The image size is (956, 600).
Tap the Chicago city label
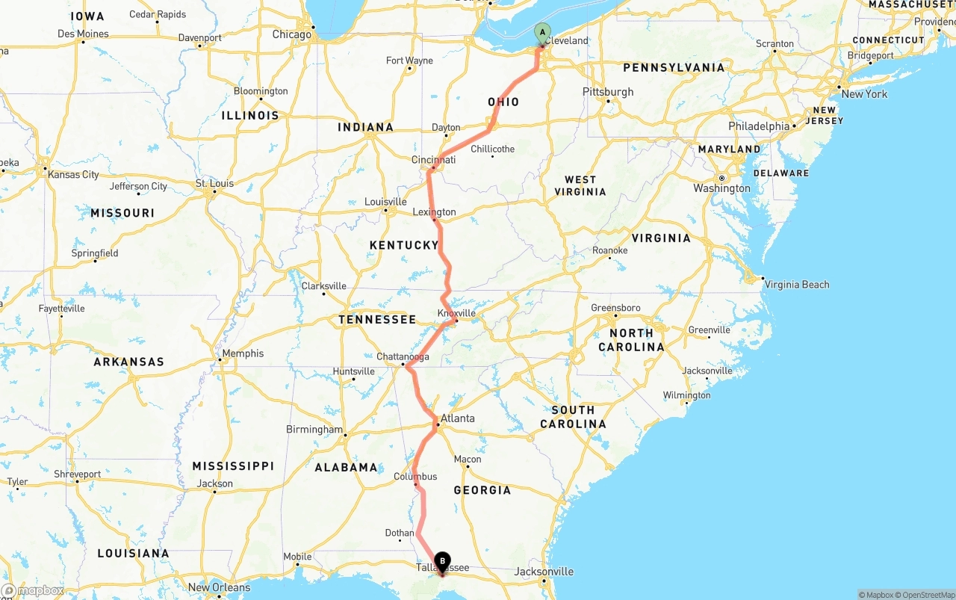coord(291,34)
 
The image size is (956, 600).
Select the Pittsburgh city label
coord(608,92)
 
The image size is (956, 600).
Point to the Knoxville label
coord(456,313)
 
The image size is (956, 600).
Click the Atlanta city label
coord(457,418)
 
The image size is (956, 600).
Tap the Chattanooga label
coord(403,357)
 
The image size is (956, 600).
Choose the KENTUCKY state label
coord(404,245)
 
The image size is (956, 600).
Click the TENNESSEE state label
coord(377,319)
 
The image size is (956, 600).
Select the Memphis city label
coord(243,353)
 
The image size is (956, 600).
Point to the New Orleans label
coord(220,587)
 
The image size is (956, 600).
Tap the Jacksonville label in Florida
coord(544,572)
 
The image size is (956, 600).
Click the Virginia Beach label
coord(797,284)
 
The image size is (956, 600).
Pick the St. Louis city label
coord(214,183)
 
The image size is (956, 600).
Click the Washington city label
coord(721,188)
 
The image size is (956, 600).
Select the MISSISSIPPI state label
coord(233,466)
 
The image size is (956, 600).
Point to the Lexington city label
coord(434,212)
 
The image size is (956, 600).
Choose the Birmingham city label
coord(314,430)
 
